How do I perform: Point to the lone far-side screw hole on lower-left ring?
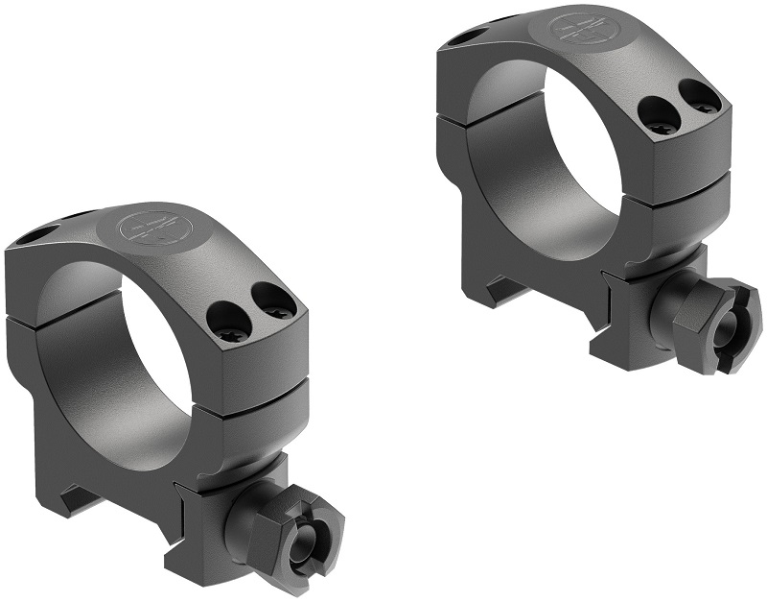42,234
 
